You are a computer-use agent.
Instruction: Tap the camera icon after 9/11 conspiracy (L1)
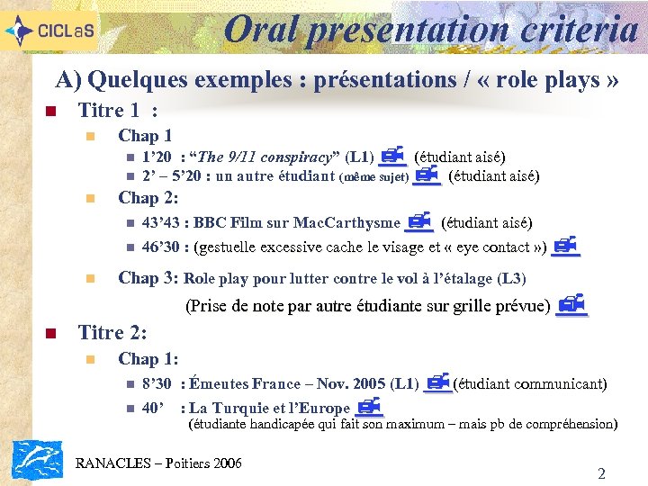(392, 157)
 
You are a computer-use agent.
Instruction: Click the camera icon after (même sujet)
(427, 175)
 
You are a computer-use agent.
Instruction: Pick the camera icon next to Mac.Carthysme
(419, 221)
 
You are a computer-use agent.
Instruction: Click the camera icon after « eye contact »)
(565, 245)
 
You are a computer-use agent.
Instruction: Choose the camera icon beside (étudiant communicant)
(437, 383)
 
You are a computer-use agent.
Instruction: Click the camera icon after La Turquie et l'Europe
(369, 407)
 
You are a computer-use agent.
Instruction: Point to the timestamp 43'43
(159, 223)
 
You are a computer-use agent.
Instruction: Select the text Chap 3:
(148, 278)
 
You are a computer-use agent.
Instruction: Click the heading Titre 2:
(112, 332)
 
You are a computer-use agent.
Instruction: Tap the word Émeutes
(219, 384)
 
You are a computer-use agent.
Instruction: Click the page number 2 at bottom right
(601, 473)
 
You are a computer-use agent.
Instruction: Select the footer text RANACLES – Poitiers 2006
(159, 463)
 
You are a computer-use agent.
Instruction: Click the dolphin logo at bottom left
(37, 460)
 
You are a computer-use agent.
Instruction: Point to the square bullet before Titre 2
(50, 334)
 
